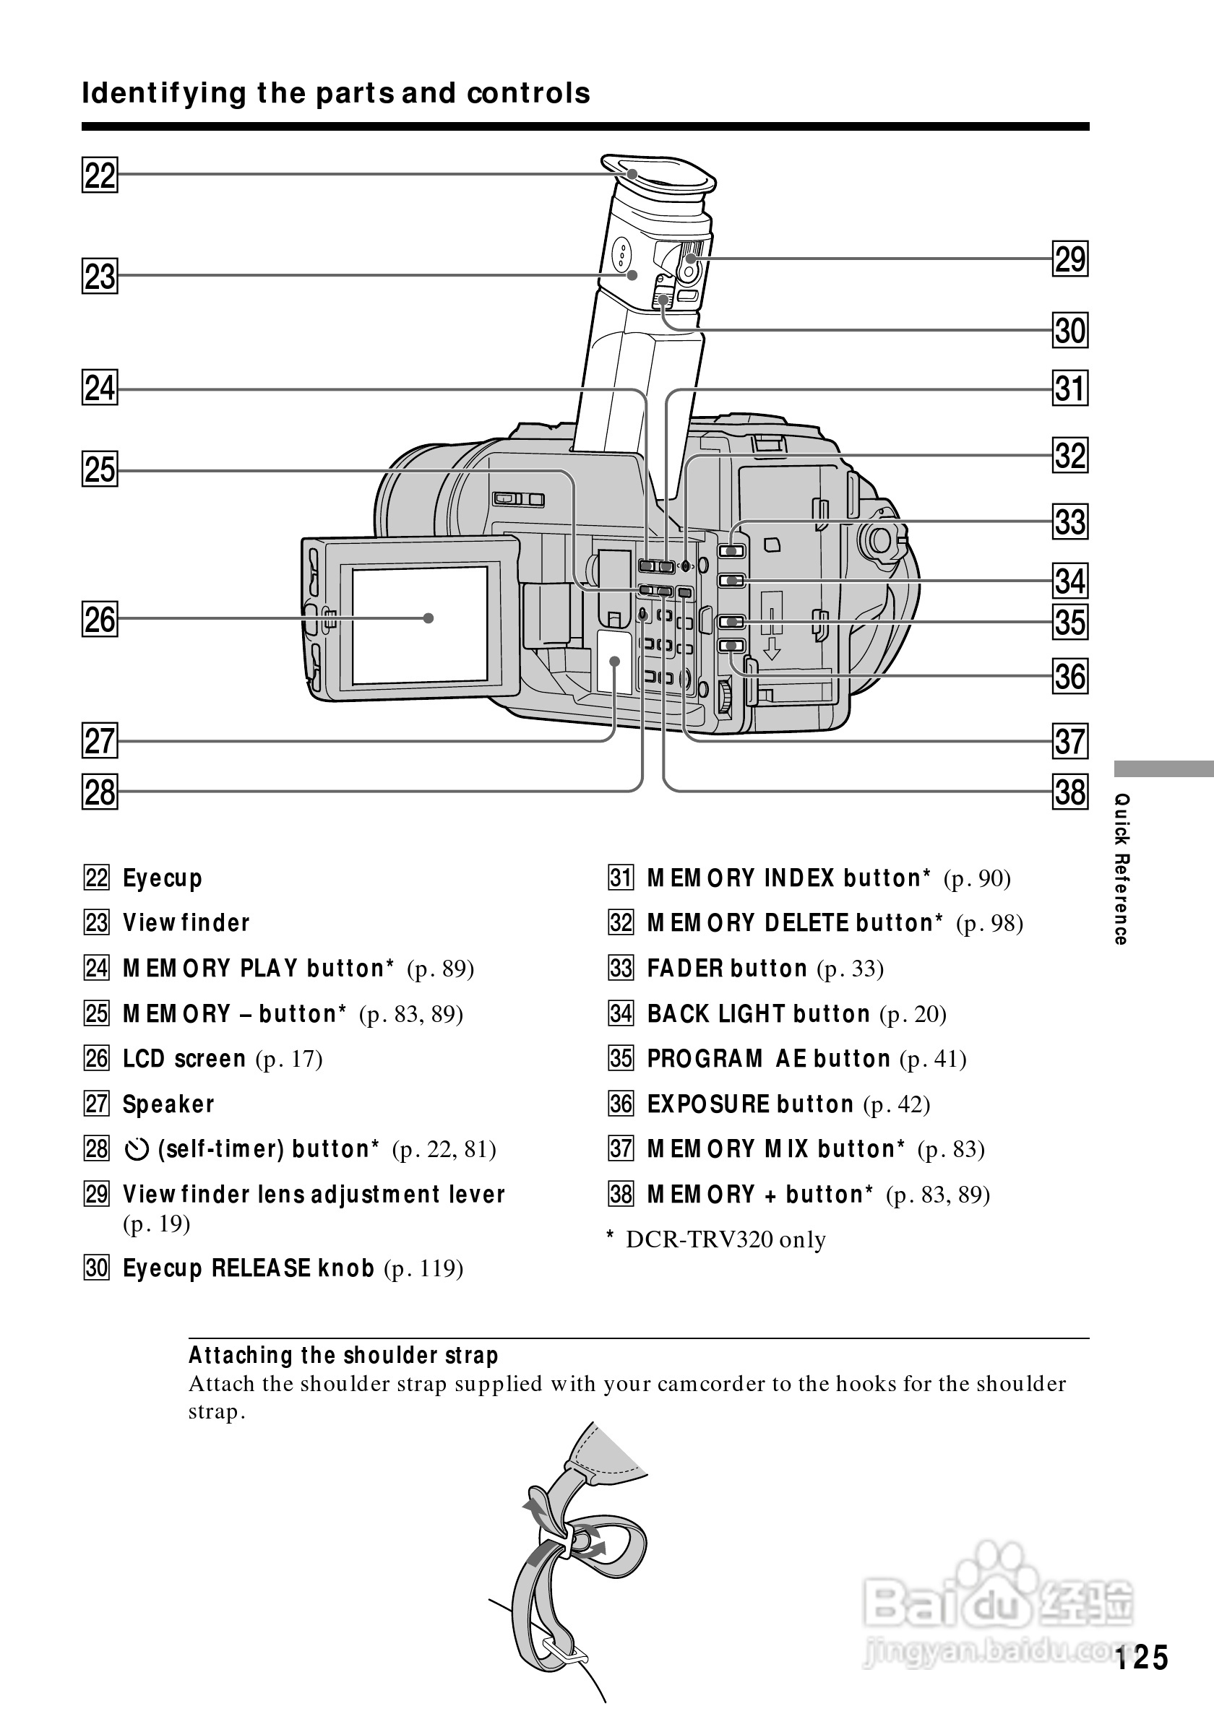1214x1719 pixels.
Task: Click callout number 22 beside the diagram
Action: click(100, 176)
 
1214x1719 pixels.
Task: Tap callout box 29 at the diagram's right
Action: click(1069, 259)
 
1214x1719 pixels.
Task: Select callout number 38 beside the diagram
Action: click(1069, 792)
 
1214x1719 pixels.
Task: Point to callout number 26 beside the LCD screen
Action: click(100, 620)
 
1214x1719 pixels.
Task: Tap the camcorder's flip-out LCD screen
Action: click(419, 625)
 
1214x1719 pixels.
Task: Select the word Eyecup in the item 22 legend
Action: click(163, 878)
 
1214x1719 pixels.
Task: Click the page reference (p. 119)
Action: click(423, 1268)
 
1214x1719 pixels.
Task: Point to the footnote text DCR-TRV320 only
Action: click(725, 1240)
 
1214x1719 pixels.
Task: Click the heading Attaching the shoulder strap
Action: click(343, 1355)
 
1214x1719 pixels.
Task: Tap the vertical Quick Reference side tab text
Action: click(1121, 868)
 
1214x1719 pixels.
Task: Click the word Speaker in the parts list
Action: click(168, 1104)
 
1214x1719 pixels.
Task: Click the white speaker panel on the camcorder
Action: click(614, 661)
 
